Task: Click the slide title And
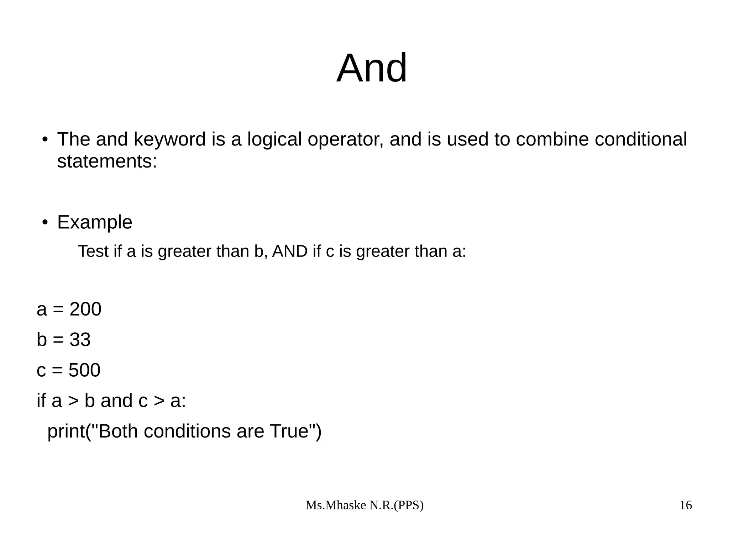(372, 68)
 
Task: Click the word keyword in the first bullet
(170, 139)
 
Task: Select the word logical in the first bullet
(274, 139)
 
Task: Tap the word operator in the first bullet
(345, 139)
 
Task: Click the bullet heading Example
(95, 222)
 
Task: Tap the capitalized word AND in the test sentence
(290, 251)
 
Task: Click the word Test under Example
(93, 251)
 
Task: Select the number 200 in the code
(85, 309)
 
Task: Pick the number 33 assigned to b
(80, 340)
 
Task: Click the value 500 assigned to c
(84, 370)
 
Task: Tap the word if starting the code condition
(41, 401)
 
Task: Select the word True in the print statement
(289, 431)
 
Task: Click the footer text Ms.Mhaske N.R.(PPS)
(364, 505)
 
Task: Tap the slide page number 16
(686, 505)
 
